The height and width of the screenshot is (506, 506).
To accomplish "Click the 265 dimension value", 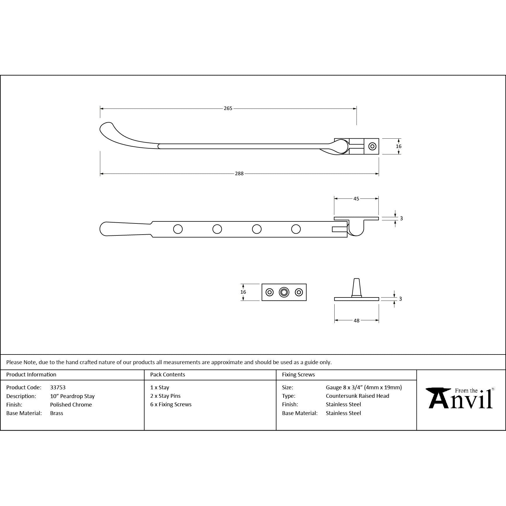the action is coord(228,109).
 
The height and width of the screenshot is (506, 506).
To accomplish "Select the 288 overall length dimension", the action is coord(239,174).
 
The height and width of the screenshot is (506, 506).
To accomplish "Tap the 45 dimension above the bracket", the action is coord(356,199).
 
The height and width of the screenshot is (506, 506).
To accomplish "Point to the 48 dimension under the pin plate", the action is coord(357,321).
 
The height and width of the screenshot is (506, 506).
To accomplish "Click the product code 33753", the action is coord(58,387).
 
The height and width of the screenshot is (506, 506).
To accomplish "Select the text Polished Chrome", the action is coord(71,405).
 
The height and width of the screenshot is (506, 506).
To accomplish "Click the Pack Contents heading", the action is coord(168,374).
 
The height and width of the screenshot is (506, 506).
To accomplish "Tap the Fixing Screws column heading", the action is coord(298,374).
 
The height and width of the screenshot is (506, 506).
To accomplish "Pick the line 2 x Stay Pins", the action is coord(166,396).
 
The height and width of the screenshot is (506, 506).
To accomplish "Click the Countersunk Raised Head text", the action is coord(357,396).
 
